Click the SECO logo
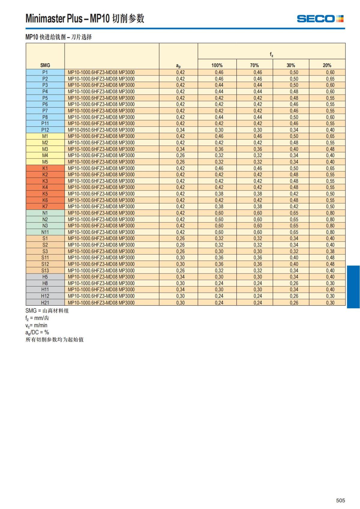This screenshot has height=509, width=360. coord(320,19)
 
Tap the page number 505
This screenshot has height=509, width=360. coord(340,500)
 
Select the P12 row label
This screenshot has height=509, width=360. coord(45,130)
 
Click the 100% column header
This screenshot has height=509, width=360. coord(217,65)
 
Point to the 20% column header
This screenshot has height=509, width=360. coord(327,65)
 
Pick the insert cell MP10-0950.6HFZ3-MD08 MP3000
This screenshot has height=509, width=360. coord(101,130)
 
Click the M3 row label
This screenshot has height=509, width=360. coord(45,149)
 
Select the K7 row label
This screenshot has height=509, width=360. coord(45,206)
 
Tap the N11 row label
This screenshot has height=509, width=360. coord(45,232)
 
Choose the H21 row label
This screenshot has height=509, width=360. coord(45,303)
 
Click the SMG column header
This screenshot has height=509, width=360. coord(45,65)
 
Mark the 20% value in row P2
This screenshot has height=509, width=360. coord(330,79)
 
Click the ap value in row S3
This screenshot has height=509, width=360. coord(180,251)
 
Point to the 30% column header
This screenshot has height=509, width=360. coord(291,65)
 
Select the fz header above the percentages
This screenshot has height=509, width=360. coord(271,55)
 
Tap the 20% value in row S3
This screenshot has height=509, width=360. coord(330,251)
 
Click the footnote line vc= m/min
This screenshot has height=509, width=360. coord(36,325)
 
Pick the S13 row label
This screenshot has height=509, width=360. coord(45,271)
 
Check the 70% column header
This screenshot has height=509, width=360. coord(254,65)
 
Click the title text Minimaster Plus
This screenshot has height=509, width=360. coord(54,19)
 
